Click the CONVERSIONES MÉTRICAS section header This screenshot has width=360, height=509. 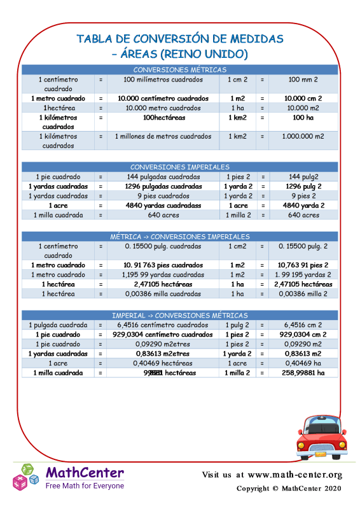pos(180,69)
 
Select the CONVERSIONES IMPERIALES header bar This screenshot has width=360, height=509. pos(180,167)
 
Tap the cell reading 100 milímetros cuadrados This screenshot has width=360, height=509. pos(163,80)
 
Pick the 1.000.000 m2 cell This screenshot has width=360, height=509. pos(302,136)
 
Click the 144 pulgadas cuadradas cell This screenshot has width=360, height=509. pos(163,176)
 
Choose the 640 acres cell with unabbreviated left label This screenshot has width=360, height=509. pos(163,215)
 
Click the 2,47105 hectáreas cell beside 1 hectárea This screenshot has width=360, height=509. pos(163,284)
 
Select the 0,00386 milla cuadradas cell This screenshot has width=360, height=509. pos(163,293)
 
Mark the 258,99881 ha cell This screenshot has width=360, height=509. pos(303,373)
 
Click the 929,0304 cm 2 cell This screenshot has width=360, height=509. pos(303,334)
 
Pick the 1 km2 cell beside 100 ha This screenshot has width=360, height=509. pos(239,118)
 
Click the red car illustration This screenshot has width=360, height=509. pos(322,438)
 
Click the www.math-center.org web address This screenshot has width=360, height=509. pos(295,475)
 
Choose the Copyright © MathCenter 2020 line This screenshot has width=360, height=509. pos(289,488)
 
